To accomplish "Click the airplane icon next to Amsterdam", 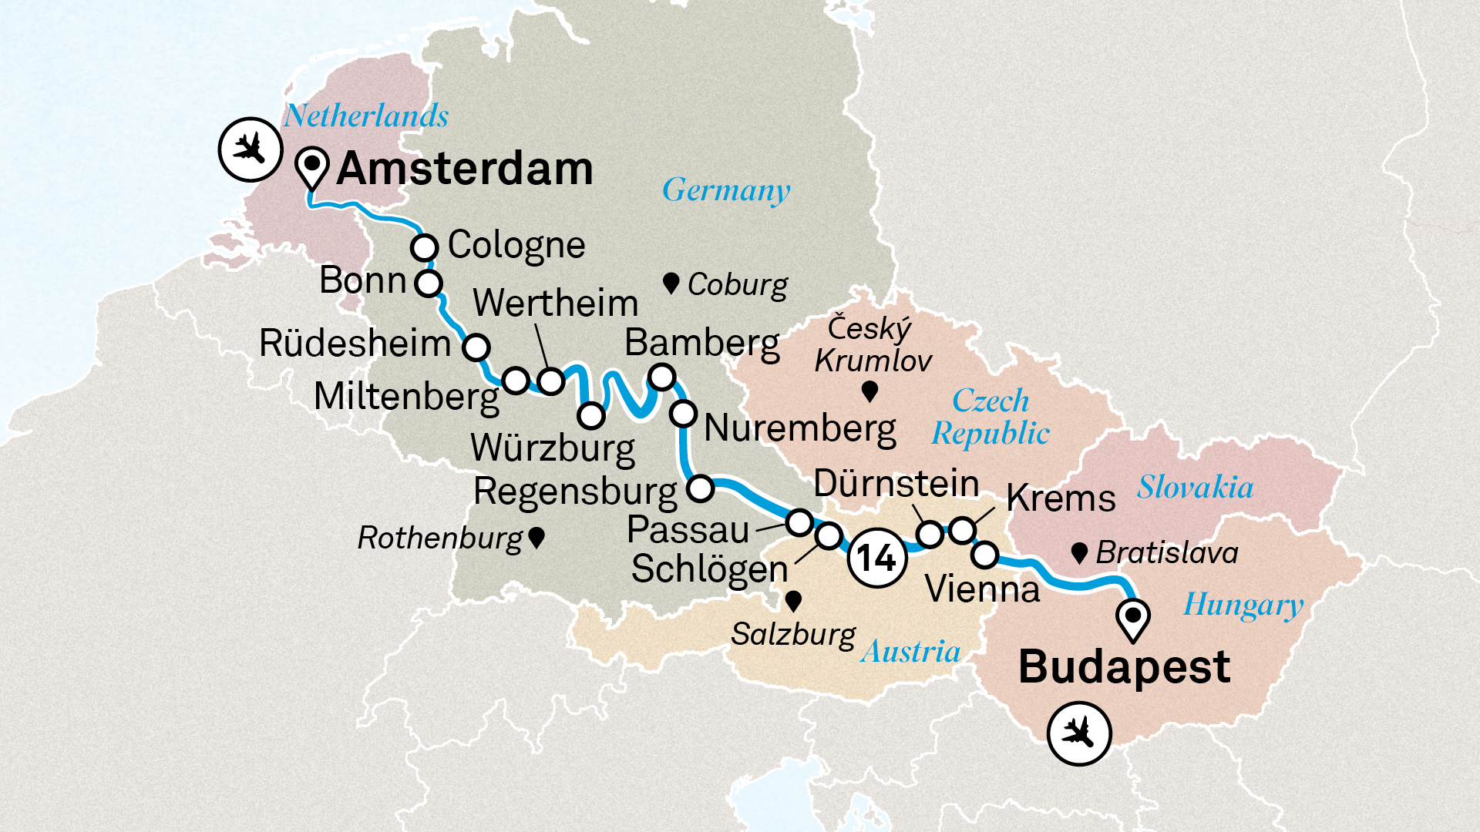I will (249, 149).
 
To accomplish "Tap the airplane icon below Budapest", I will (1079, 733).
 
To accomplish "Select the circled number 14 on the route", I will (876, 558).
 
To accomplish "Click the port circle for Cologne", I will (425, 248).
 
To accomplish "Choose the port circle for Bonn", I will (429, 283).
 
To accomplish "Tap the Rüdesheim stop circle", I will (476, 347).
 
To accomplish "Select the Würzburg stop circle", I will (591, 415).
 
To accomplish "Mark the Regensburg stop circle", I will (700, 488).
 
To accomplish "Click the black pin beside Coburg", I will (671, 283).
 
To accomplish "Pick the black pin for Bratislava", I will (1079, 552).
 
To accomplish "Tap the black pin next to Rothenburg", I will (536, 538).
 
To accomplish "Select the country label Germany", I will (726, 190).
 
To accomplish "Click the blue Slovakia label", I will (1195, 488).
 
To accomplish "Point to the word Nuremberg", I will (800, 428).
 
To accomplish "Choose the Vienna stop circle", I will (985, 554).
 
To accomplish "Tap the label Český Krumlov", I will (872, 344).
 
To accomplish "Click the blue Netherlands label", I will (366, 116).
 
